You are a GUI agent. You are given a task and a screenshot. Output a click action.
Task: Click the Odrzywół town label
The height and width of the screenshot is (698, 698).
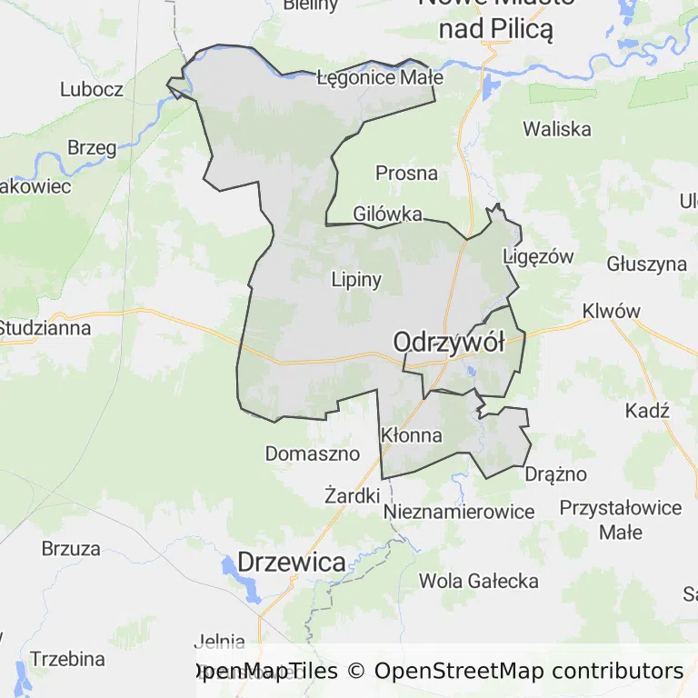click(448, 343)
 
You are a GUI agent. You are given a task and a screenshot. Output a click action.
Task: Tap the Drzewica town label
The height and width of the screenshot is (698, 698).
click(291, 562)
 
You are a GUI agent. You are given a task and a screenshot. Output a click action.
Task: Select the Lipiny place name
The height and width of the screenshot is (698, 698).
click(356, 279)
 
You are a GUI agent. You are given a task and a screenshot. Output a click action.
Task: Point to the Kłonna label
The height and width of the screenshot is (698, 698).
click(412, 435)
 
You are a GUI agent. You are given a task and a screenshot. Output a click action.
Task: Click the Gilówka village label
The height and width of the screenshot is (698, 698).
click(388, 214)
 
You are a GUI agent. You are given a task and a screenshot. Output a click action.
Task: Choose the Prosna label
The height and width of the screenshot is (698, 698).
click(406, 173)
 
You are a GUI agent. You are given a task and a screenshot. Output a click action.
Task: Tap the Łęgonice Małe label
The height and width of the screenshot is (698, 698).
click(380, 77)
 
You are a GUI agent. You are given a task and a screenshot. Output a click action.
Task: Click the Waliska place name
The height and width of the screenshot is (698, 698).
click(556, 129)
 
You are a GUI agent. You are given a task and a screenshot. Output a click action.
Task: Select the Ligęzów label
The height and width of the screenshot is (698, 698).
click(539, 257)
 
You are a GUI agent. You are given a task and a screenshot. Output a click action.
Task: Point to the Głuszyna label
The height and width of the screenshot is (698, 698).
click(646, 264)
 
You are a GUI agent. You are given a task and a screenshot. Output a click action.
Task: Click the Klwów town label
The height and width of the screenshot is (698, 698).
click(612, 311)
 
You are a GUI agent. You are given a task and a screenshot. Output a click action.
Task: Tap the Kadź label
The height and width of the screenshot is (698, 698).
click(647, 411)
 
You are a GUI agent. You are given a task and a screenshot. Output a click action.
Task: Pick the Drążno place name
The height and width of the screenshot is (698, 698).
click(556, 474)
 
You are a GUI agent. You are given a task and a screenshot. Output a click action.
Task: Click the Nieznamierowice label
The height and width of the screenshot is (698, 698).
click(459, 512)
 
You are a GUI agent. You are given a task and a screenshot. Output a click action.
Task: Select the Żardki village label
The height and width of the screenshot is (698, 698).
click(352, 495)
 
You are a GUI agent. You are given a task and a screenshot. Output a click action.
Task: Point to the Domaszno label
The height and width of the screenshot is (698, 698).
click(313, 453)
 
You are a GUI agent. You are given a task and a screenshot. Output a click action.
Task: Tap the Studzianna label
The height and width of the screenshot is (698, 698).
click(45, 328)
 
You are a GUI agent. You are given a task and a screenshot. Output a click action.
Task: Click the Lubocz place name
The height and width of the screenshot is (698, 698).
click(91, 89)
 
